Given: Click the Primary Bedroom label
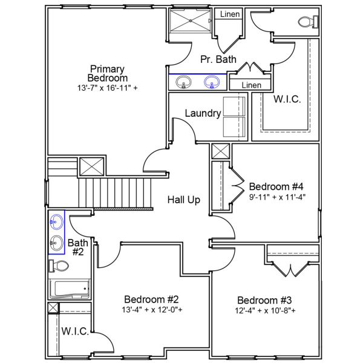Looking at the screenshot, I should click(108, 73).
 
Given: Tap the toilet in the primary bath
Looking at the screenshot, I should click(307, 22).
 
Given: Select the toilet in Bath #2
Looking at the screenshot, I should click(60, 266).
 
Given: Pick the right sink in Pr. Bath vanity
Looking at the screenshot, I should click(212, 82).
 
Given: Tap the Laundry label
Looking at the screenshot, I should click(203, 113).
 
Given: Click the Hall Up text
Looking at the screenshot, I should click(184, 200).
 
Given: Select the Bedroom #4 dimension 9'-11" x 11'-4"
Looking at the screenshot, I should click(276, 196).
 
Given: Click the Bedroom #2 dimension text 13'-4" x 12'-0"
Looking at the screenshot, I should click(151, 310).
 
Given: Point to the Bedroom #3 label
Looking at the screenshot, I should click(264, 301).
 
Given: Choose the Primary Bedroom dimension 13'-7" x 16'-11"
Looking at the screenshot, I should click(108, 88).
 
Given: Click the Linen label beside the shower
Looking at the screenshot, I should click(229, 14).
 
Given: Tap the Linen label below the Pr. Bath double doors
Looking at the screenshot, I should click(252, 85).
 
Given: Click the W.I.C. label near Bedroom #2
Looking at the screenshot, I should click(75, 332).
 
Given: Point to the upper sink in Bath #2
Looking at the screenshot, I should click(57, 222).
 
